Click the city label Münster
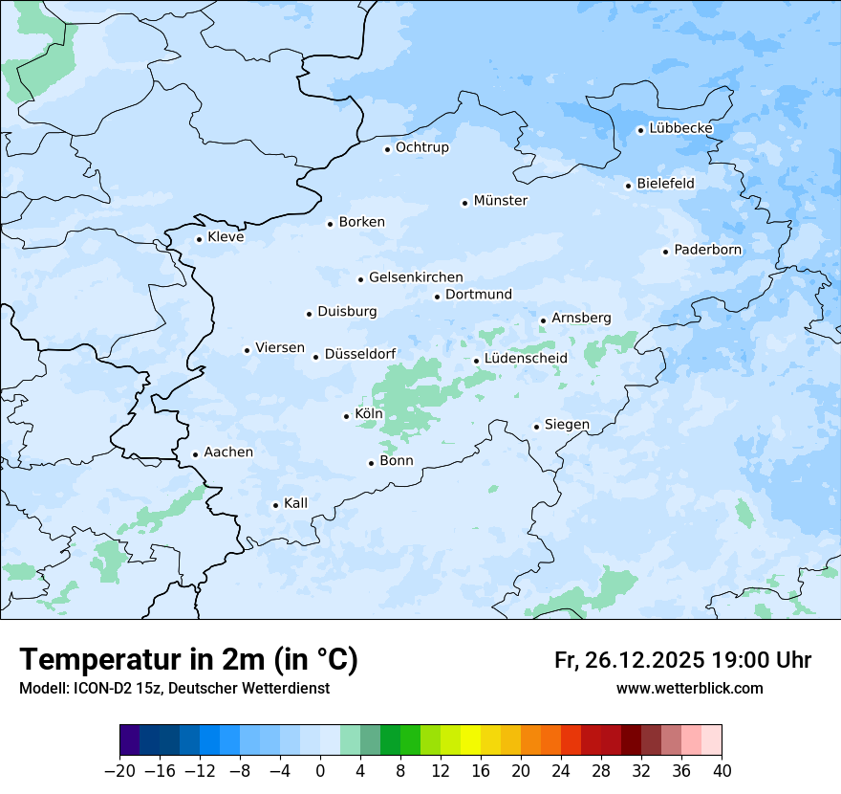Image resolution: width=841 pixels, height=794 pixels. coord(500,201)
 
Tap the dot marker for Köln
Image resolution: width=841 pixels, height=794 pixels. coord(346,416)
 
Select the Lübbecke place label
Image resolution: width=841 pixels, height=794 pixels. coord(680,128)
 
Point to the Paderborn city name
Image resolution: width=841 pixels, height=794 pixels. coord(707,250)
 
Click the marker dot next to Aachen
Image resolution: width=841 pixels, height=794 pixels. coord(195,455)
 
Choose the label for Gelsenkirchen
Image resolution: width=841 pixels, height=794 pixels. coord(416,277)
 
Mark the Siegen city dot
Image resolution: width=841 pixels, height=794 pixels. coord(537,427)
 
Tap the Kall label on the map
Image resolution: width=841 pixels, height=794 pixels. coord(295,503)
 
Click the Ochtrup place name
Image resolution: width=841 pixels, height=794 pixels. coord(421,147)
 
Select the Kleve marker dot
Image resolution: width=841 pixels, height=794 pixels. coord(199,239)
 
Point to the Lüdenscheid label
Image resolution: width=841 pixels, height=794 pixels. coord(526,359)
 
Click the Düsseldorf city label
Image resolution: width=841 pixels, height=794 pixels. coord(360,354)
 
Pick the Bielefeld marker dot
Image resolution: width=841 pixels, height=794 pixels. coord(628,186)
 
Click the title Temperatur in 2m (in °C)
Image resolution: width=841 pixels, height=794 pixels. coord(188,659)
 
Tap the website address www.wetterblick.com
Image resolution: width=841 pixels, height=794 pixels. coord(689,688)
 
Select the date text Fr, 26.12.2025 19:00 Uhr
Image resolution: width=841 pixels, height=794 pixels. coord(682,660)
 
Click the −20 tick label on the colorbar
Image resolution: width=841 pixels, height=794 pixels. coord(120,771)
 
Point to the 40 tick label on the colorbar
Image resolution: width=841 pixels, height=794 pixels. coord(722,771)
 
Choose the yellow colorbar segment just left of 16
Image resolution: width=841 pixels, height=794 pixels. coord(470,740)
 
